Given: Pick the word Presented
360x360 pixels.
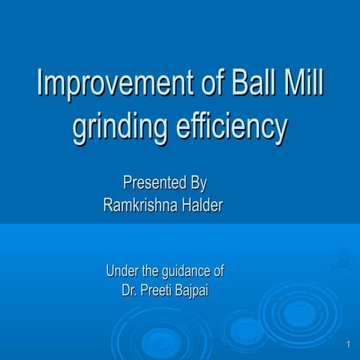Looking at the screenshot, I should pyautogui.click(x=149, y=183).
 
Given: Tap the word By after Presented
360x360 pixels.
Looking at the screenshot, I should pyautogui.click(x=197, y=183).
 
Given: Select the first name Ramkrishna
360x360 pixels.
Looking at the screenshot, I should pyautogui.click(x=139, y=206).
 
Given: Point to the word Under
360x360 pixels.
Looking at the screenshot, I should pyautogui.click(x=122, y=271).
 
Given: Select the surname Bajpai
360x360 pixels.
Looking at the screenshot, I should pyautogui.click(x=193, y=290).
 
